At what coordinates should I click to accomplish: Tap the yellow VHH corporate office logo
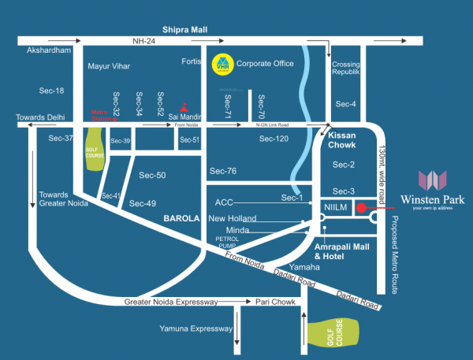coord(222,64)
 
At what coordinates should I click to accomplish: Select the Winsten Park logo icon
coord(434,180)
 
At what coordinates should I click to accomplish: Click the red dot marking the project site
coord(361,208)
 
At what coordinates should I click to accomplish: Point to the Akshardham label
coord(49,50)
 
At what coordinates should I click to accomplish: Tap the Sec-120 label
coord(274,138)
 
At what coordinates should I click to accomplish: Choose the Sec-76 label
coord(223,170)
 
